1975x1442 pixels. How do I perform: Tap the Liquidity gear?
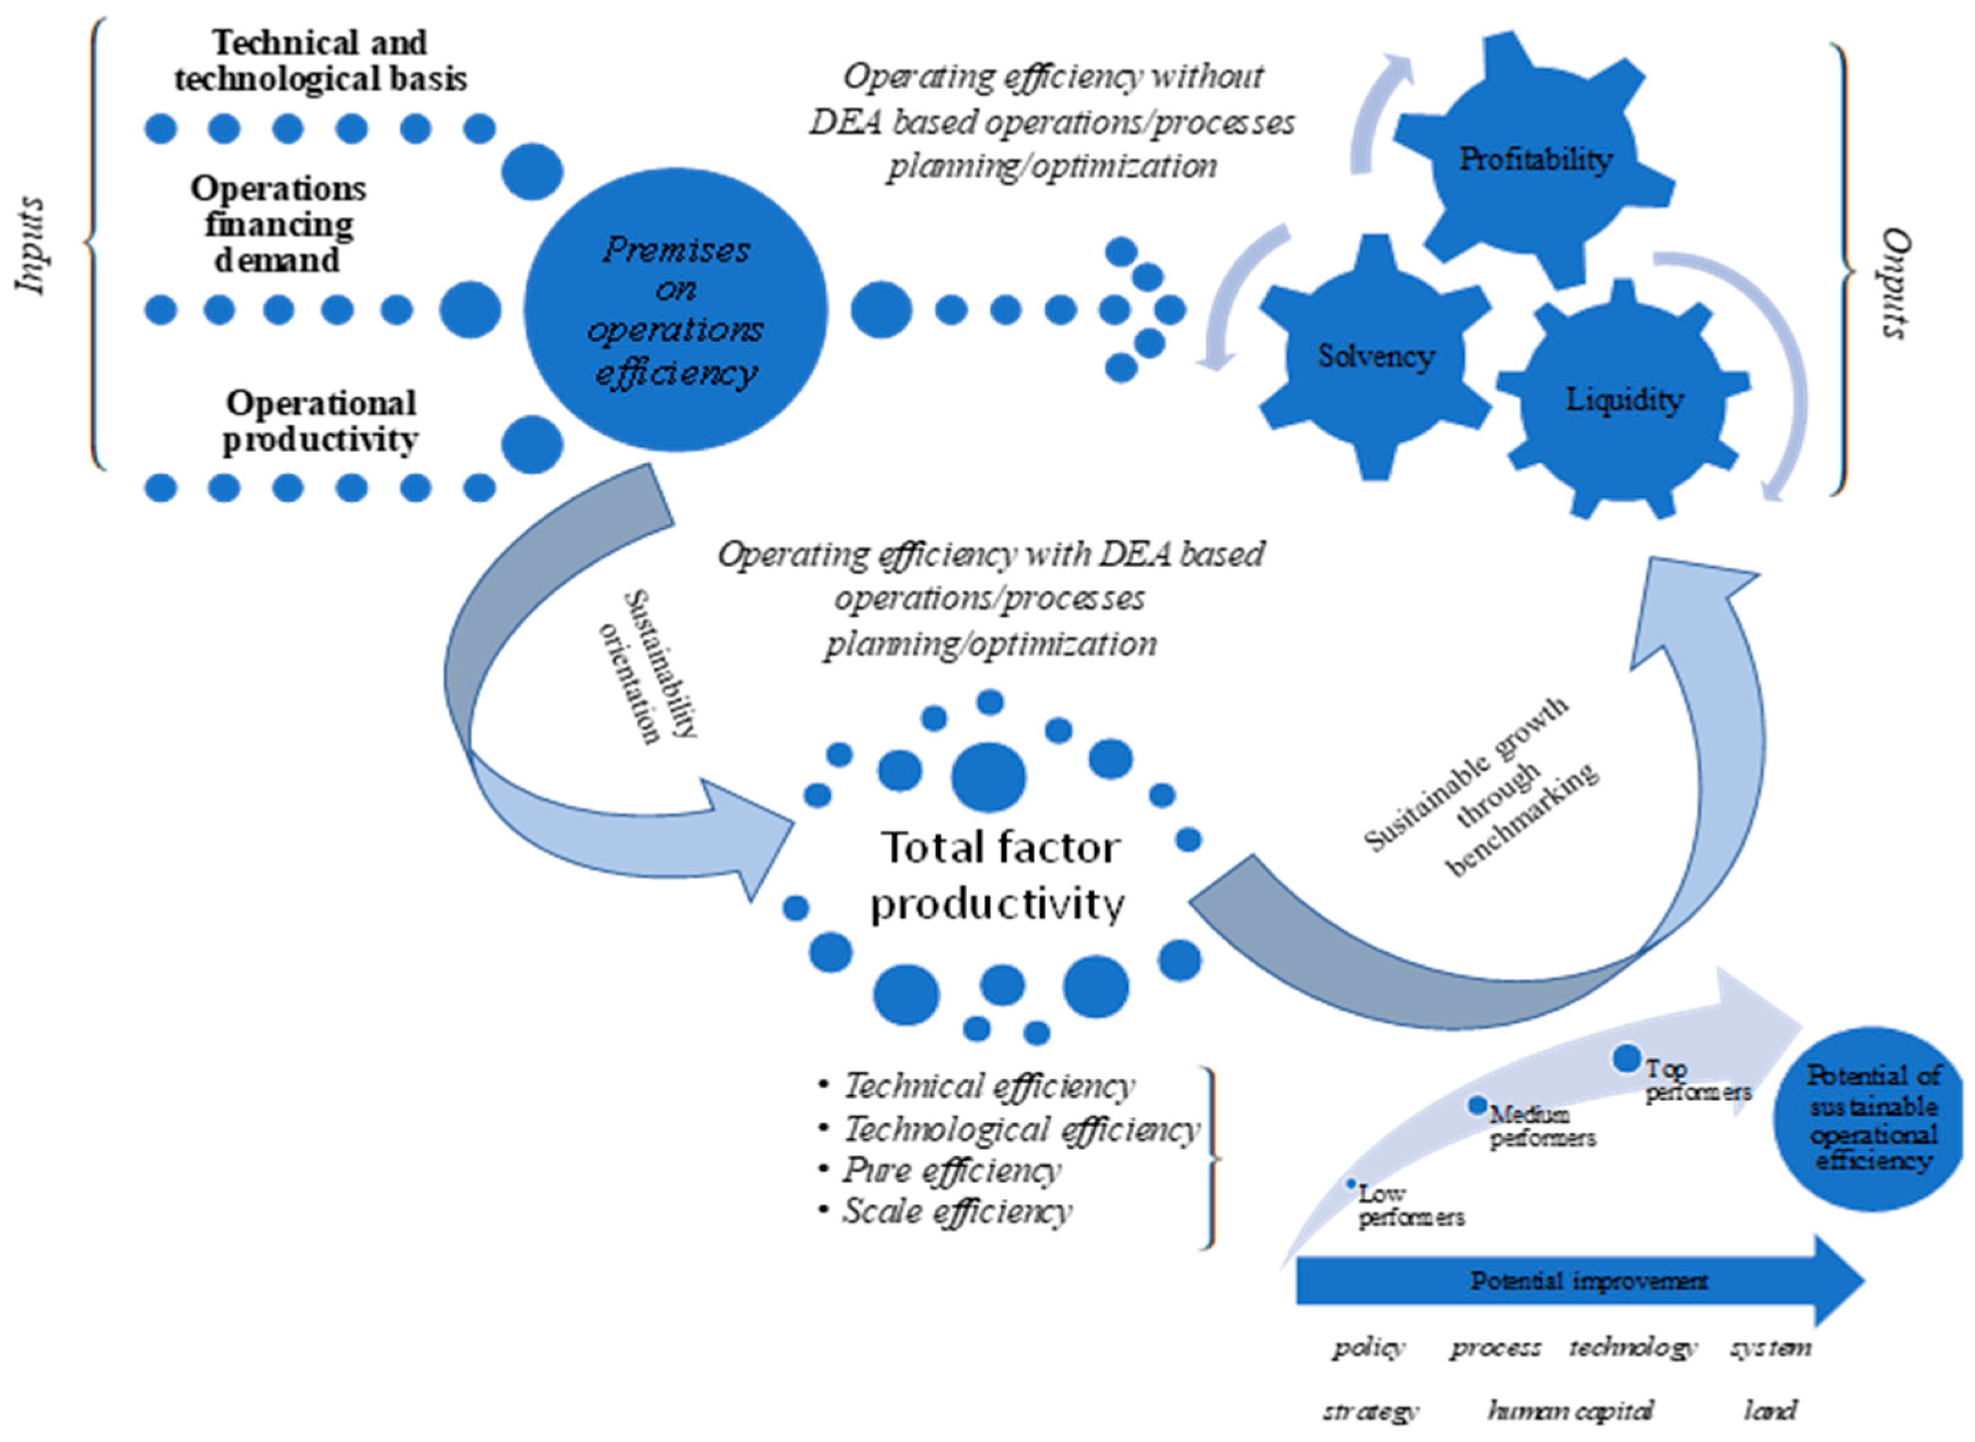[x=1623, y=400]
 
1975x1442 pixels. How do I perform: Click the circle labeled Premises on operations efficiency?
[x=675, y=310]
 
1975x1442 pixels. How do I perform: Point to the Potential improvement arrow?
[x=1580, y=1281]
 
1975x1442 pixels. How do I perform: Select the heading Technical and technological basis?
[x=320, y=60]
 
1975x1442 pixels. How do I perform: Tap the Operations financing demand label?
[x=278, y=224]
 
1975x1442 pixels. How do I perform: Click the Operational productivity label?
[x=320, y=421]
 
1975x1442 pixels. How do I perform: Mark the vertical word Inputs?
[x=32, y=246]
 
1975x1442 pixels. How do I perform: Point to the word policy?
[x=1369, y=1349]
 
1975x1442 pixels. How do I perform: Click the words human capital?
[x=1571, y=1411]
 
